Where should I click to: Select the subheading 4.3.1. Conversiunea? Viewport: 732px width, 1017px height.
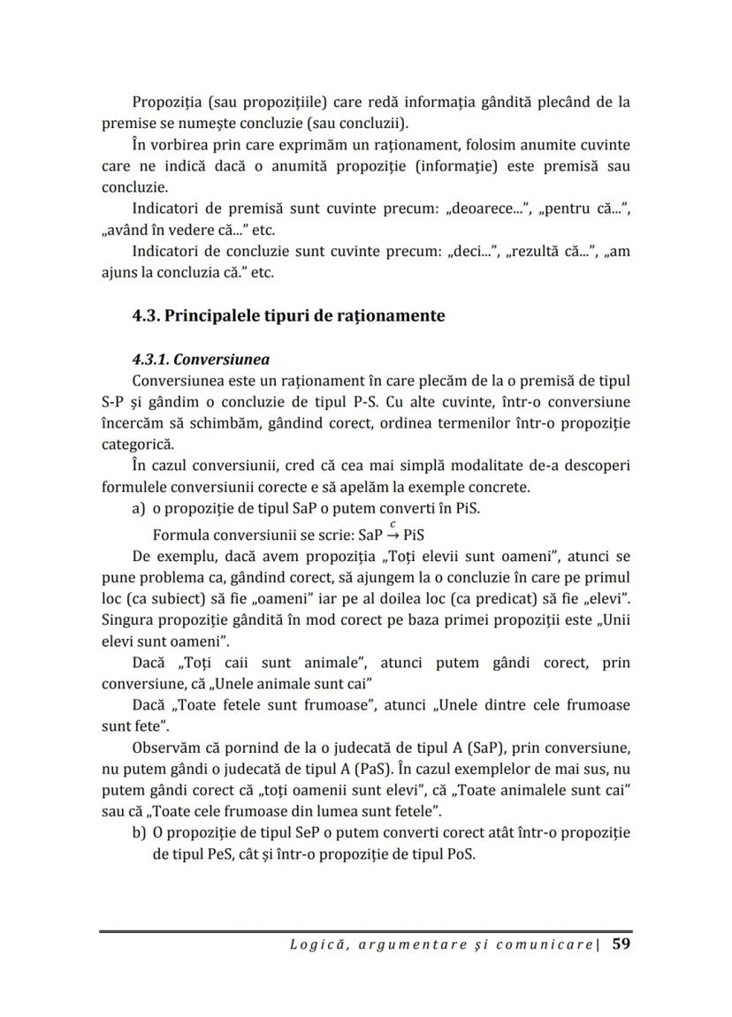click(x=201, y=360)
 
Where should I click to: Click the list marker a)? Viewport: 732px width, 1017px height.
click(x=139, y=511)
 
